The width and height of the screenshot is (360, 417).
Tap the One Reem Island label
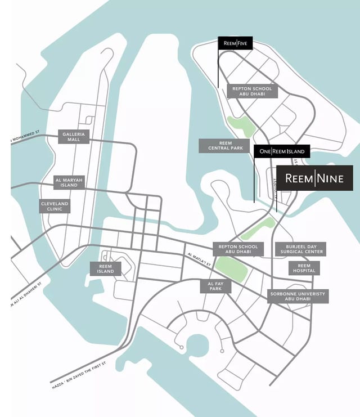282,151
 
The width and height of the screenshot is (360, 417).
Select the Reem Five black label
236,43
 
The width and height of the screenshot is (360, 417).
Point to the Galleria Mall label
74,136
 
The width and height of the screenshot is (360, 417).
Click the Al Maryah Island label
69,182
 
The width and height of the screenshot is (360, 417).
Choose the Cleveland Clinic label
55,206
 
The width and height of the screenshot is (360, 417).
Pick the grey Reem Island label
105,268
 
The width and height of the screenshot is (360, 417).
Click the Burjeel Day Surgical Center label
300,249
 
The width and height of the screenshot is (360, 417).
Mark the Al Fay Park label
215,286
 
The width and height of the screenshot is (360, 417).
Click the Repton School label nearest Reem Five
251,92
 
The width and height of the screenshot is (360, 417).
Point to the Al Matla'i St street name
199,258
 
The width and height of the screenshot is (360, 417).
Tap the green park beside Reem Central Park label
241,126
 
